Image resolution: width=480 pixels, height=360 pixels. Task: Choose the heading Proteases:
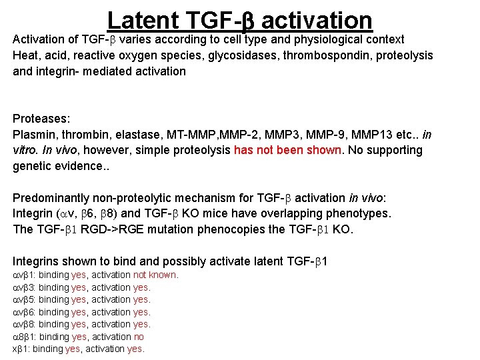pos(41,119)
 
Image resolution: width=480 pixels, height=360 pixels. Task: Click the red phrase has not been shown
pos(287,151)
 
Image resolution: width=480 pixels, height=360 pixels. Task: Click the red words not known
pos(155,275)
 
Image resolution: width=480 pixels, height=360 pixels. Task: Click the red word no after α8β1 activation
pos(139,337)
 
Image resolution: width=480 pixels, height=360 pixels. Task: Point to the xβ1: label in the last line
pos(21,349)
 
